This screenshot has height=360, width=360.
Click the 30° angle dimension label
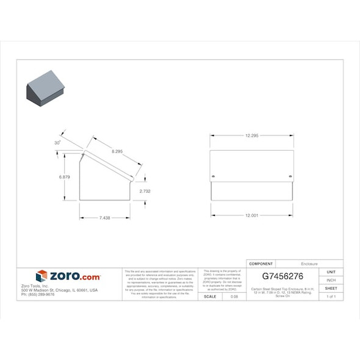(x=57, y=142)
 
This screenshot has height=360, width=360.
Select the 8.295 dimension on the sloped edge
(x=120, y=151)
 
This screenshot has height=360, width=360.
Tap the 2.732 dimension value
(x=145, y=191)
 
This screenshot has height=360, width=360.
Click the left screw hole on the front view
(x=213, y=177)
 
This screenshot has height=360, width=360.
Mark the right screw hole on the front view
(x=290, y=177)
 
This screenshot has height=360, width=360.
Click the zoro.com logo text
(x=74, y=276)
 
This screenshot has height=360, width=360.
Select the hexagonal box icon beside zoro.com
(x=41, y=276)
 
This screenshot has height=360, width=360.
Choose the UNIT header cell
(x=331, y=272)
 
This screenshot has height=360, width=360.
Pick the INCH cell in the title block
(x=331, y=280)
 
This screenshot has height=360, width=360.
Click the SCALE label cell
(x=210, y=297)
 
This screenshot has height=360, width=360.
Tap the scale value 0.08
(x=234, y=297)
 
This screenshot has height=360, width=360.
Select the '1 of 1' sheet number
(x=331, y=297)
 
